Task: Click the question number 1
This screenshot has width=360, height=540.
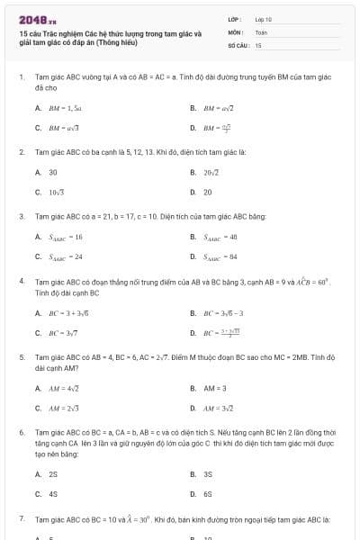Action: [x=21, y=77]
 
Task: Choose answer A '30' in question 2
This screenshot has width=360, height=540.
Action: [x=53, y=172]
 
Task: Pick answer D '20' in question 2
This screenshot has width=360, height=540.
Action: [x=208, y=192]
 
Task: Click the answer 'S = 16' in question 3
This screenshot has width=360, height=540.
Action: [x=66, y=237]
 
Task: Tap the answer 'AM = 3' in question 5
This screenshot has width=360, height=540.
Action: [x=215, y=389]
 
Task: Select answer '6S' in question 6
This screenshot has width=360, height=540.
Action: [x=208, y=494]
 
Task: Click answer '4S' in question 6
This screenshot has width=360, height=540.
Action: [x=53, y=494]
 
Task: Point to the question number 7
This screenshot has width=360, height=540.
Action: [x=21, y=520]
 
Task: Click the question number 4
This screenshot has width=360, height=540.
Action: [x=21, y=282]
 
